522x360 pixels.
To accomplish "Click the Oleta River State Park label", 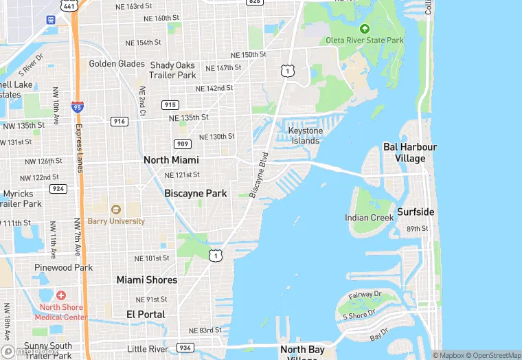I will [365, 41].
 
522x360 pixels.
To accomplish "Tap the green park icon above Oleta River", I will [365, 29].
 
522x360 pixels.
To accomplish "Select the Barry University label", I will [116, 221].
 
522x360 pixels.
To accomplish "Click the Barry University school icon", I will [115, 210].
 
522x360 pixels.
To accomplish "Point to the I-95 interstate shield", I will [78, 107].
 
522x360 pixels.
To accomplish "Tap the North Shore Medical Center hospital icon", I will [61, 295].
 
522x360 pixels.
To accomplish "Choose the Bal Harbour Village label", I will [410, 153].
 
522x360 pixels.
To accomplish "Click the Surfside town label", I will [416, 212].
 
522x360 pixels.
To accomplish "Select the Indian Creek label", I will [370, 218].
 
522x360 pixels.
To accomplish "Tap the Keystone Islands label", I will [305, 135].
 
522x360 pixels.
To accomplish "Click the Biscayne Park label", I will [196, 194].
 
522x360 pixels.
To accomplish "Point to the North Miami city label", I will [171, 160].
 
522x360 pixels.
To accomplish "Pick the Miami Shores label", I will [146, 280].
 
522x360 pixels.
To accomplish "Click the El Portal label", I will [146, 314].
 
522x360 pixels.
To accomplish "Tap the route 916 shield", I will [120, 121].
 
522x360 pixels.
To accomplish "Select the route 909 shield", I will [183, 144].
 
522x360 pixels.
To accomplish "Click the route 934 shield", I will [185, 348].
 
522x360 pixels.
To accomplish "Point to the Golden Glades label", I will [117, 64].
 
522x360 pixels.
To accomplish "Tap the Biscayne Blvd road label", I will [258, 175].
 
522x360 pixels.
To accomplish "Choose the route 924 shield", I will [58, 188].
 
